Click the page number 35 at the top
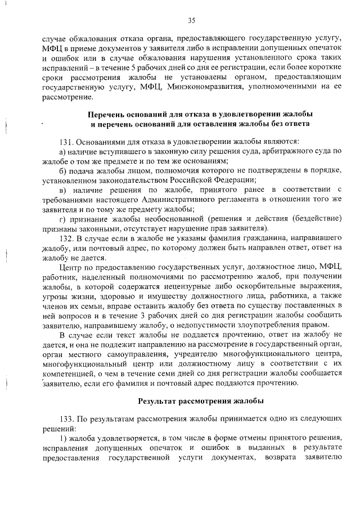point(191,21)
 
